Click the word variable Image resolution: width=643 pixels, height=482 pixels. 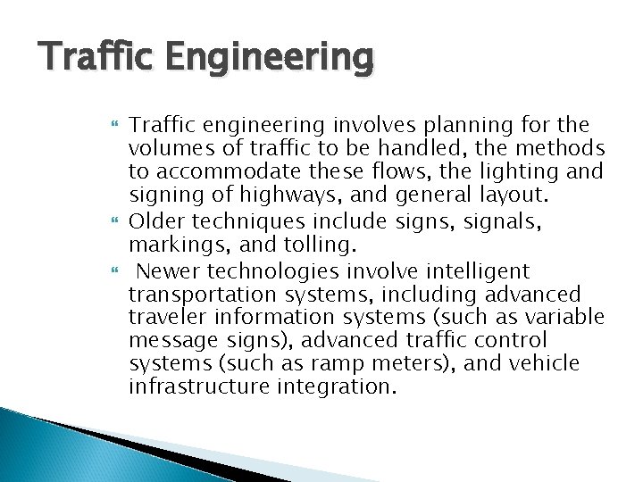click(x=567, y=318)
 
